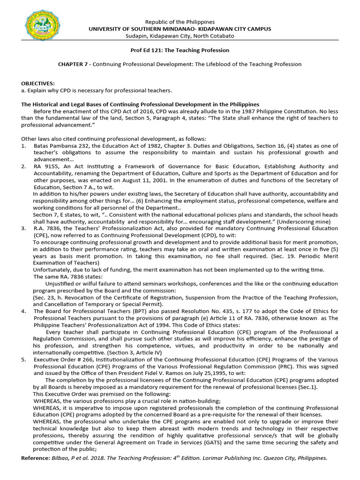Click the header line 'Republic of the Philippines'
[x=180, y=22]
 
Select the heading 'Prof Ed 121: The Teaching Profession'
[x=180, y=50]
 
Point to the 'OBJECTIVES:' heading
[x=38, y=83]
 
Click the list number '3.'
[x=24, y=228]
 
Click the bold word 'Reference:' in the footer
[x=36, y=458]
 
